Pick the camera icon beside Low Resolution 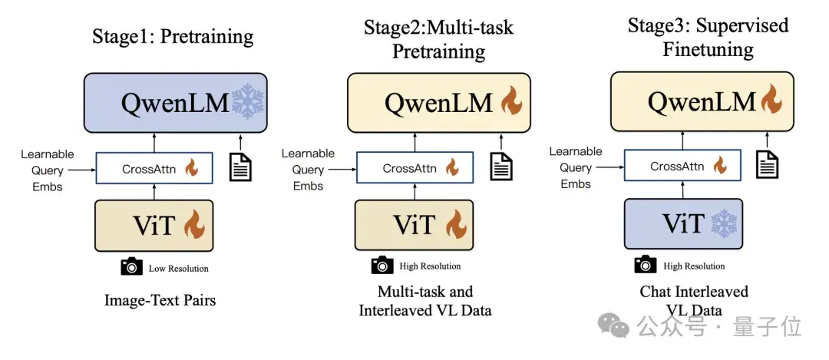coord(132,267)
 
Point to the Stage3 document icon coord(766,163)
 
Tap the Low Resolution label coord(179,269)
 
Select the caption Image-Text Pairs coord(160,300)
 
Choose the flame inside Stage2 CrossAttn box coord(454,167)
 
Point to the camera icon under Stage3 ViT coord(646,265)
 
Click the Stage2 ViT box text coord(414,225)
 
